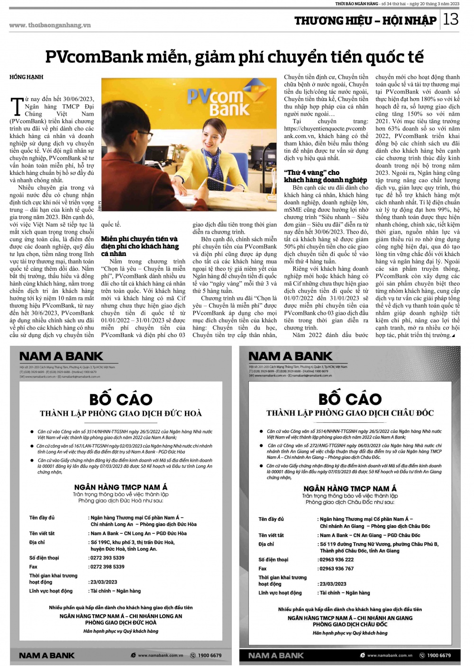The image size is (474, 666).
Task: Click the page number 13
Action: point(451,19)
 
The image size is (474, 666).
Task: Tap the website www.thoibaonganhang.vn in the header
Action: point(50,25)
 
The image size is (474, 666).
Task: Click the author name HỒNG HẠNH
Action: point(27,77)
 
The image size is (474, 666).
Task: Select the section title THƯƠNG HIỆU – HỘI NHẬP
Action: point(365,20)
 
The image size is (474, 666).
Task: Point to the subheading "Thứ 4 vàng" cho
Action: point(312,173)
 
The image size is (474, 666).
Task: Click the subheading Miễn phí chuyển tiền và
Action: point(139,239)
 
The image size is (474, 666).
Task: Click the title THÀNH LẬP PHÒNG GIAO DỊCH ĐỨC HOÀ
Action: point(121,413)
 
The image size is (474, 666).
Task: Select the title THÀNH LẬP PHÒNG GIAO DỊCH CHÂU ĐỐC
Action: point(350,413)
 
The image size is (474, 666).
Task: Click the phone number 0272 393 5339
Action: point(108,558)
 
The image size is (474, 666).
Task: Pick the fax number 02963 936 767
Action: point(337,568)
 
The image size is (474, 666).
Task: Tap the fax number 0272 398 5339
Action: point(108,566)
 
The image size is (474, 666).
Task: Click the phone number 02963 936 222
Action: point(337,559)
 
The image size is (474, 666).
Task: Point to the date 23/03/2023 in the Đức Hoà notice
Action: point(104,582)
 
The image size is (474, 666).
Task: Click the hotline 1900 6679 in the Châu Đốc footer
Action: point(439,656)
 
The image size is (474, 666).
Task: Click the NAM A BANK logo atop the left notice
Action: point(61,356)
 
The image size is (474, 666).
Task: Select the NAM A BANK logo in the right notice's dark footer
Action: point(276,656)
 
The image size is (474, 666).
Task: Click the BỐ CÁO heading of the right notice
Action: point(350,399)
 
